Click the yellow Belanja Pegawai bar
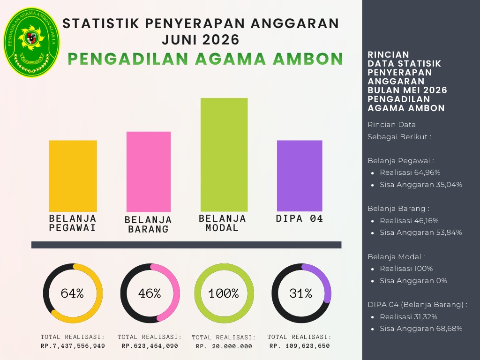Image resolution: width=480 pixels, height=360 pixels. coord(73,176)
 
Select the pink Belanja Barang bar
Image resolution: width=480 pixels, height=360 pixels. coord(149,172)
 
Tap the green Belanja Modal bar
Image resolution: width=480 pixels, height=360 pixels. coord(224,155)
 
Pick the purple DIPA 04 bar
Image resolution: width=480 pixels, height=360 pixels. coord(300,176)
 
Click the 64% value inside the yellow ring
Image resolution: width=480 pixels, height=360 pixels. coord(72,293)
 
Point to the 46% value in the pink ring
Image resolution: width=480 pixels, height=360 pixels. coord(150,293)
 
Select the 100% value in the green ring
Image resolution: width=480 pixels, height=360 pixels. coord(224,293)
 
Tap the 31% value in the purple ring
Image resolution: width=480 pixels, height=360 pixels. coord(301,293)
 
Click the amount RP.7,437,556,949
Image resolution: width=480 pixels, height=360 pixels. coord(73,346)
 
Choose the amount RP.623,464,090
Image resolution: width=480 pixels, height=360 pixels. coord(150,346)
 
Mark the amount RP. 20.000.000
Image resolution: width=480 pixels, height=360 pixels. coord(224,346)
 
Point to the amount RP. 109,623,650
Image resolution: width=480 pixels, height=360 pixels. coord(300,346)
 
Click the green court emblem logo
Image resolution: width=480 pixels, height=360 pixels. coord(31,42)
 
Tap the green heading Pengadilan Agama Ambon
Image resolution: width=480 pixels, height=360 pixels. coord(205,59)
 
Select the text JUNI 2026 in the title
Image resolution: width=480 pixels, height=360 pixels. coord(201,40)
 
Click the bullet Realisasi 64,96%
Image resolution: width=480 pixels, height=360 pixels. coord(410,172)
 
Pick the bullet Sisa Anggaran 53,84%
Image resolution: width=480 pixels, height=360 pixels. coord(421,232)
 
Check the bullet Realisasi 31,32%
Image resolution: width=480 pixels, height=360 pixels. coord(408,317)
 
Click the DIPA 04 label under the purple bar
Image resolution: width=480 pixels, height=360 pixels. coord(300,218)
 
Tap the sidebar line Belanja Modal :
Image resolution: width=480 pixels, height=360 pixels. coord(397,257)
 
